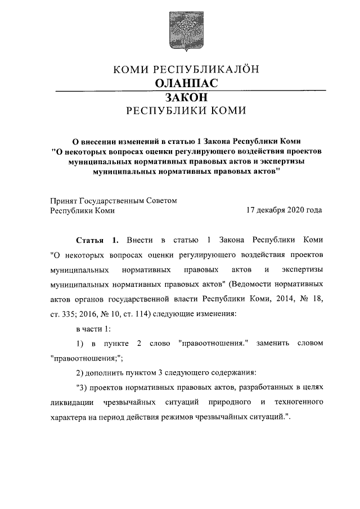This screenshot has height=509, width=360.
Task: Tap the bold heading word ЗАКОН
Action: (179, 97)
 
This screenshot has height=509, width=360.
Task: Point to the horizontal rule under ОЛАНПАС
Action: (180, 91)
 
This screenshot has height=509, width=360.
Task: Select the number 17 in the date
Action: (250, 211)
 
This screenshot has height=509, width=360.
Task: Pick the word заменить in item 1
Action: (273, 343)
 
